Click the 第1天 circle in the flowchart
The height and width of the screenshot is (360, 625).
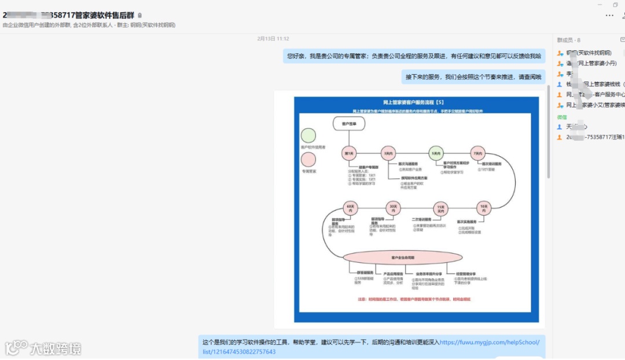point(349,153)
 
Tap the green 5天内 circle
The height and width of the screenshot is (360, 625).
point(436,153)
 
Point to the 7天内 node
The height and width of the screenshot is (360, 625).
point(477,153)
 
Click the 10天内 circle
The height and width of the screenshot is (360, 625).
point(483,208)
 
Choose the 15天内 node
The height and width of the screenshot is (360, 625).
point(441,209)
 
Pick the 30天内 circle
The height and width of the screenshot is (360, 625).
point(394,208)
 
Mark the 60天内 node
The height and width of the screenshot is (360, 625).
point(350,208)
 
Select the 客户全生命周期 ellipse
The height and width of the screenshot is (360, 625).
point(403,258)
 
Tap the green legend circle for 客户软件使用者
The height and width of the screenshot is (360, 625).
point(308,135)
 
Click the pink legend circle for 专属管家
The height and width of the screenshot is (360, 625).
point(308,159)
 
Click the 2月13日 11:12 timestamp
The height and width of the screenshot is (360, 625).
point(273,39)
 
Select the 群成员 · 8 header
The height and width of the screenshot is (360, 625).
point(568,40)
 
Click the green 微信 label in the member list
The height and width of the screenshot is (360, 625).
point(562,117)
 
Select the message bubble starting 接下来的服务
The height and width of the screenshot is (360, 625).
point(473,76)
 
